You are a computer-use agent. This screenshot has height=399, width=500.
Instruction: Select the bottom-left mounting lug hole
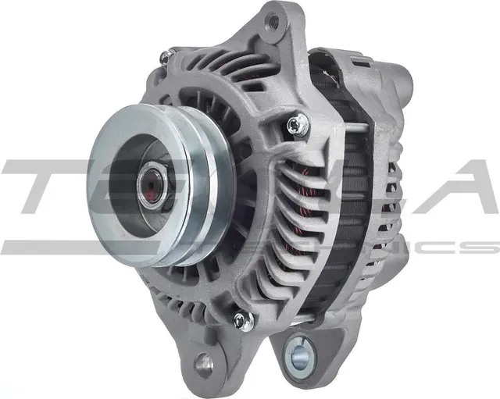[x=205, y=362]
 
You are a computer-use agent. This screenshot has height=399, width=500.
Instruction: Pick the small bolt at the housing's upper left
[x=165, y=56]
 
